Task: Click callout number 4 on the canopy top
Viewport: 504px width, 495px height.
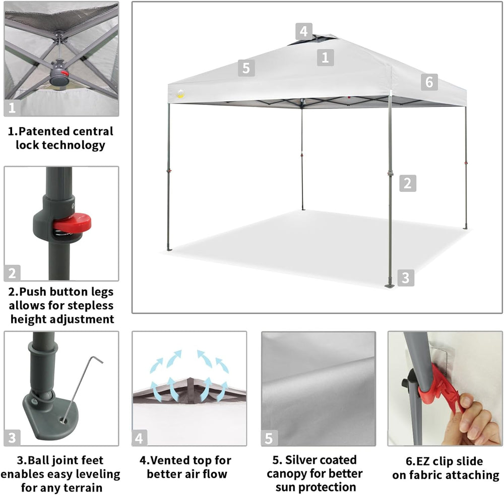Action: pos(303,31)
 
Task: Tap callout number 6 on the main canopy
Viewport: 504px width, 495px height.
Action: pos(429,82)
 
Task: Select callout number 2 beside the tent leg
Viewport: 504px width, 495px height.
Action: pos(408,183)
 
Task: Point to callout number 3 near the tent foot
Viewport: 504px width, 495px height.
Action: pos(406,278)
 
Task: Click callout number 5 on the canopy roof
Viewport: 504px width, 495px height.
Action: pos(246,68)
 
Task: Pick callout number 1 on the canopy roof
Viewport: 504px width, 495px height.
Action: pos(325,58)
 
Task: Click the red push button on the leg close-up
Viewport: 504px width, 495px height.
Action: pos(73,223)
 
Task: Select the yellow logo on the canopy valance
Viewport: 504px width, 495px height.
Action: pos(181,94)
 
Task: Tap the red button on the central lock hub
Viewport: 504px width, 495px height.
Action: pos(65,73)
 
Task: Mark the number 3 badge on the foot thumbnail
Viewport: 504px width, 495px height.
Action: pos(12,437)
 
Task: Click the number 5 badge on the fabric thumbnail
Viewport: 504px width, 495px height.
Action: pos(269,438)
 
